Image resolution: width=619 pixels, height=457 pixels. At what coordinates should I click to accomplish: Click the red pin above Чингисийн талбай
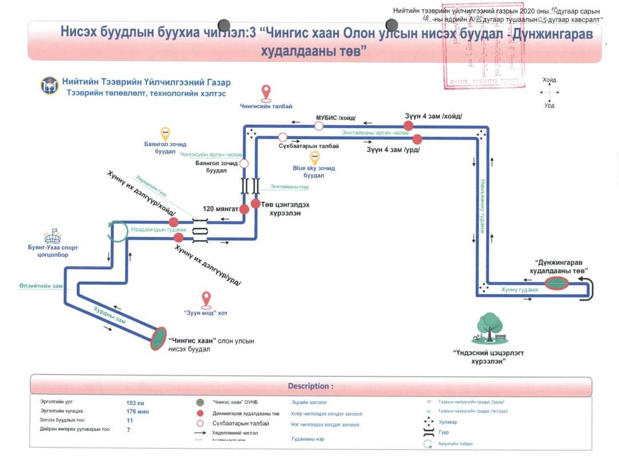tap(266, 92)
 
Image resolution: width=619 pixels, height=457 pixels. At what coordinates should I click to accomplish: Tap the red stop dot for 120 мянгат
tap(244, 209)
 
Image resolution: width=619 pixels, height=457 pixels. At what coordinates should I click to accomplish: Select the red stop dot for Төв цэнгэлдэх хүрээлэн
tap(256, 204)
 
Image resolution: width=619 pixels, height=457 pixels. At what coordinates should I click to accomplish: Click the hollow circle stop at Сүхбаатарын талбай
tap(283, 137)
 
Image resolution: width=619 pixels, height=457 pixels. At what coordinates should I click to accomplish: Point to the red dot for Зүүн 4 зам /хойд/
tap(409, 126)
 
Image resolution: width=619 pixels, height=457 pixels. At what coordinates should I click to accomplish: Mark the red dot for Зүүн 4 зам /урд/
tap(417, 138)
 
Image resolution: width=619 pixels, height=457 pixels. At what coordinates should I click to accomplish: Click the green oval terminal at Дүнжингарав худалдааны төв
tap(556, 283)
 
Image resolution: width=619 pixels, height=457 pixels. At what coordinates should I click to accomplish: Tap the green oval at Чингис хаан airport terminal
tap(158, 338)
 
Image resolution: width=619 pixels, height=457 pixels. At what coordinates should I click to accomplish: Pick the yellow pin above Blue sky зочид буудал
tap(314, 158)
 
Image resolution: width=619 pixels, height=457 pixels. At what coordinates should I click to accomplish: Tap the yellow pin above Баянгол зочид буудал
tap(165, 134)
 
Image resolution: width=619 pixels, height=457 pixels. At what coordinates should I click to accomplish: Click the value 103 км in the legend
tap(135, 403)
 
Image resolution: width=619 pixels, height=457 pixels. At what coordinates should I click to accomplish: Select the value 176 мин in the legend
tap(138, 412)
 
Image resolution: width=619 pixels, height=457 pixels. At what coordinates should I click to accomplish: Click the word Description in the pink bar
tap(310, 386)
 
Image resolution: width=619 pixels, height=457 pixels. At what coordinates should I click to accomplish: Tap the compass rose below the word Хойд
tap(549, 92)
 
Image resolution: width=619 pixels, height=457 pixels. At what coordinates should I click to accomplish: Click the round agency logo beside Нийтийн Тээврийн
tap(49, 86)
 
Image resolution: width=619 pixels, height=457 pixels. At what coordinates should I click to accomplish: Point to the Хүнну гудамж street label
tap(519, 290)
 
